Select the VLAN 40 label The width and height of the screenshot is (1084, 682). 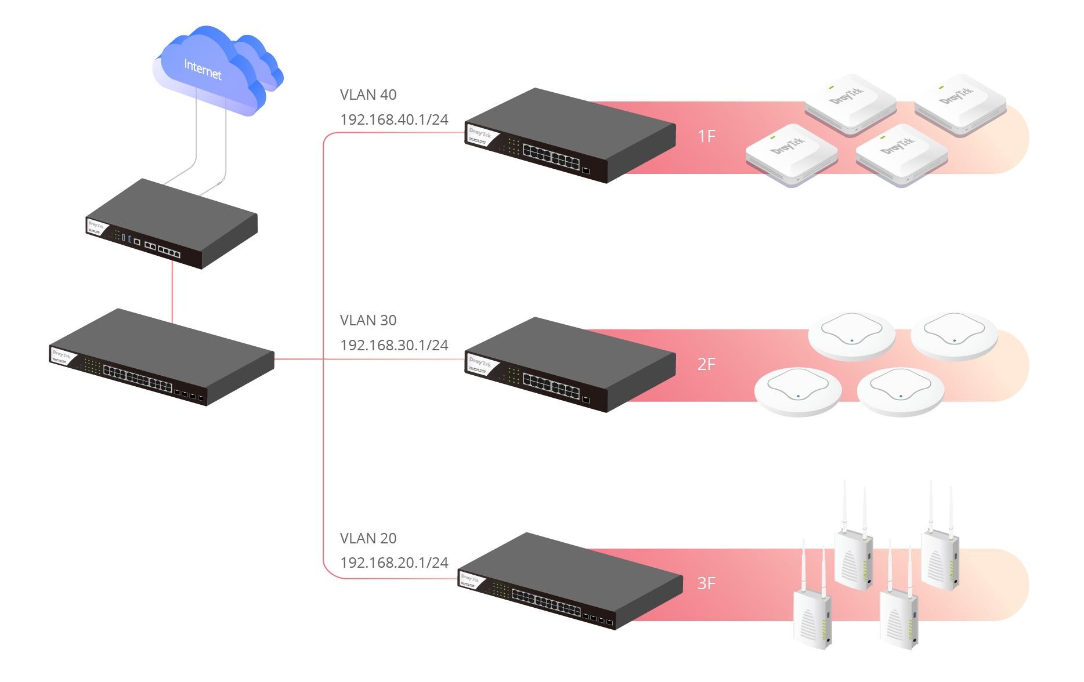(x=368, y=95)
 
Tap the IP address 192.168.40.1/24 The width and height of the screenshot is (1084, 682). (x=394, y=119)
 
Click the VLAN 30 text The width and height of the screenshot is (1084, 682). (x=368, y=320)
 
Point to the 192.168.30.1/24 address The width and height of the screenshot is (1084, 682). (x=394, y=345)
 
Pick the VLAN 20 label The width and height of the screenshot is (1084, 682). (x=368, y=538)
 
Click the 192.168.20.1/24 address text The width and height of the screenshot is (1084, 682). (x=394, y=563)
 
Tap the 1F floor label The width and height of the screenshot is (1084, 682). (x=706, y=136)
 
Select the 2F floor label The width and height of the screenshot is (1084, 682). (x=706, y=364)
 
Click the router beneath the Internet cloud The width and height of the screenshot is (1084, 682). (x=172, y=223)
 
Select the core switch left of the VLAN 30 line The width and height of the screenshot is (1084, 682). (x=162, y=357)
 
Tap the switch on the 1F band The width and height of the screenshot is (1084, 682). (x=570, y=136)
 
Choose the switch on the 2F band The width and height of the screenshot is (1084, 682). (x=570, y=364)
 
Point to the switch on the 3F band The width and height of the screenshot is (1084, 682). (x=570, y=581)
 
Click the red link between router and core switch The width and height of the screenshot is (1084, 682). (x=172, y=293)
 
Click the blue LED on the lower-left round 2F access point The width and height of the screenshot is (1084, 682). (x=798, y=396)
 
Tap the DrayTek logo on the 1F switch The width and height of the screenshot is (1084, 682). (x=480, y=135)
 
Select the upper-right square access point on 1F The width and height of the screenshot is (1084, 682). (x=960, y=103)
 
